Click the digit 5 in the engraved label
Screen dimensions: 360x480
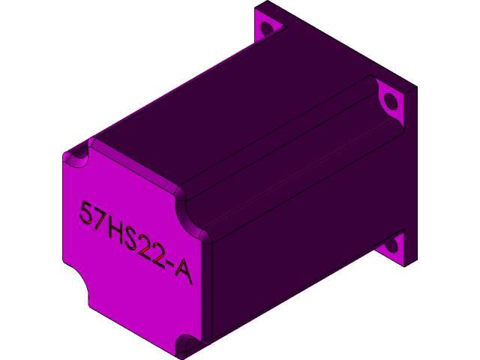[x=88, y=213]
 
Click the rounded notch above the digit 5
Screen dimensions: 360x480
[x=76, y=159]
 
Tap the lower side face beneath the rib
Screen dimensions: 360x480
[x=300, y=247]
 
